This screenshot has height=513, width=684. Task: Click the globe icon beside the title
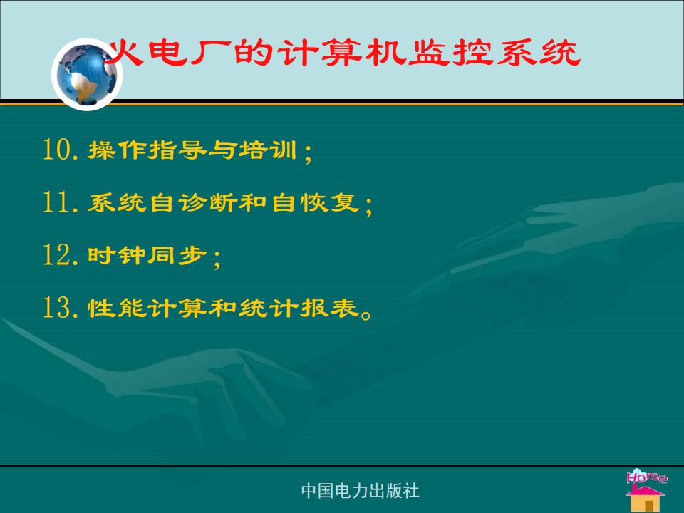(x=87, y=74)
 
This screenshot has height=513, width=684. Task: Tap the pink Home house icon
(x=646, y=490)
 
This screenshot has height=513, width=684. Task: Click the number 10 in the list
(x=56, y=149)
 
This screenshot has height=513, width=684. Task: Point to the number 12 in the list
(x=56, y=255)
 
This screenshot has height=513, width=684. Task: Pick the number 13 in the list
(x=56, y=307)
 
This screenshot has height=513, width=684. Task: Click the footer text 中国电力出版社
(x=361, y=491)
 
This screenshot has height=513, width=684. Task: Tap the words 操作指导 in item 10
(x=147, y=150)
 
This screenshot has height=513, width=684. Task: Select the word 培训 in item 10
(x=267, y=150)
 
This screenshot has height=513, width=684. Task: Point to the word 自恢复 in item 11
(x=316, y=202)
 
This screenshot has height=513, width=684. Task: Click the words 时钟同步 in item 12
(x=147, y=255)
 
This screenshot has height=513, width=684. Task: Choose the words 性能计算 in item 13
(x=147, y=308)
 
